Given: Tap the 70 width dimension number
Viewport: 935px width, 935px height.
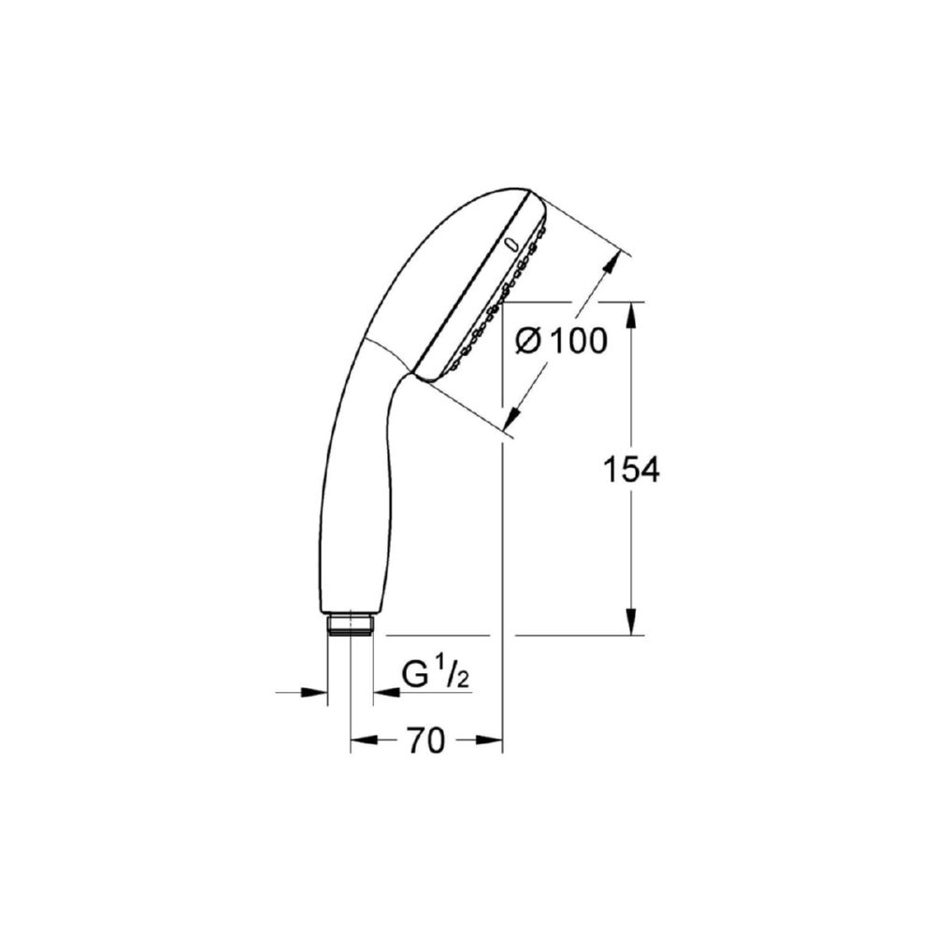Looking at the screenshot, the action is pyautogui.click(x=426, y=741).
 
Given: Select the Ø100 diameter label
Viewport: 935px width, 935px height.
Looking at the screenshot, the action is pyautogui.click(x=561, y=341).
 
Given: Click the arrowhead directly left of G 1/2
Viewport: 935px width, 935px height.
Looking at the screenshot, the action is pyautogui.click(x=386, y=692).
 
